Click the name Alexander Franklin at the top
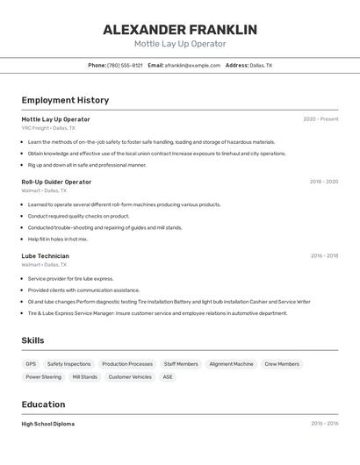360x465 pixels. [x=180, y=30]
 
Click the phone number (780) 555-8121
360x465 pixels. [x=125, y=65]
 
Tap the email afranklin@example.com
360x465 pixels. [x=192, y=65]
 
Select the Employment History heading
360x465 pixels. [x=65, y=100]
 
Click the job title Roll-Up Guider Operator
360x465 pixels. [x=56, y=182]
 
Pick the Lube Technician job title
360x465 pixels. [x=45, y=256]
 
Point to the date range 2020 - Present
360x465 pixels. [x=320, y=119]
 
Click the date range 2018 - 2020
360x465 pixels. [x=324, y=182]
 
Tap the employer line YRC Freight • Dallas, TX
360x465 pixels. [x=48, y=127]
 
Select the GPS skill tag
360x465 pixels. [x=31, y=364]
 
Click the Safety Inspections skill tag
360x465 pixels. [x=68, y=364]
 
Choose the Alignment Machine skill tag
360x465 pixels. [x=231, y=364]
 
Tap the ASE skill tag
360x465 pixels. [x=168, y=377]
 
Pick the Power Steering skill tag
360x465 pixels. [x=44, y=377]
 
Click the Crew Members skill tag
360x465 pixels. [x=282, y=364]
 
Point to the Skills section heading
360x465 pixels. [x=33, y=340]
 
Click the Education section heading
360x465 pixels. [x=43, y=404]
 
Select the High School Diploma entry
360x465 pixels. [x=48, y=424]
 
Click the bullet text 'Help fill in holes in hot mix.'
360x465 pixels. [x=58, y=239]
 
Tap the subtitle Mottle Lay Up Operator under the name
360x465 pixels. [x=180, y=44]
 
